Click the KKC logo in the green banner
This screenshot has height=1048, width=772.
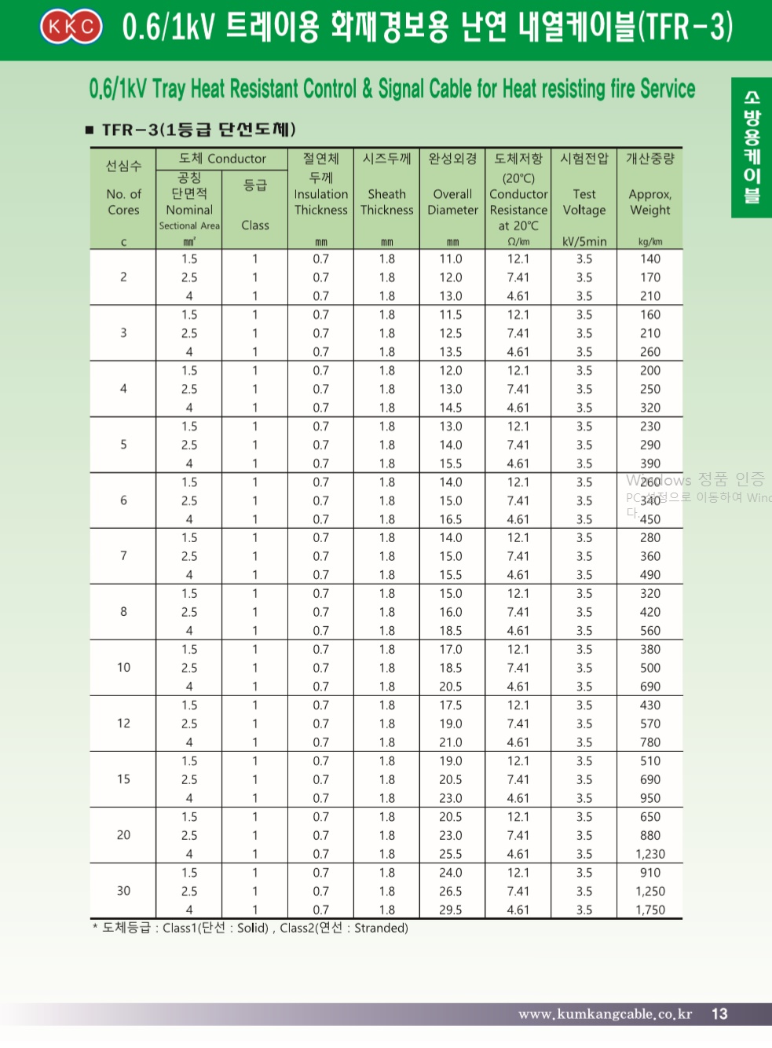coord(71,27)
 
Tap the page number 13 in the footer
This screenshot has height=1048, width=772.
coord(719,1013)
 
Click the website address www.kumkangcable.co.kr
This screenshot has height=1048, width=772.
coord(605,1014)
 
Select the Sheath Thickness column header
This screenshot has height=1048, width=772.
coord(387,201)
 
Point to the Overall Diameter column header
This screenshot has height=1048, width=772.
coord(452,201)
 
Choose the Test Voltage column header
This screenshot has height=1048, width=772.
coord(584,201)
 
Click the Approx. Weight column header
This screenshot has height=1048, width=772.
coord(650,201)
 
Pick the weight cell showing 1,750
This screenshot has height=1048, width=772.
coord(650,910)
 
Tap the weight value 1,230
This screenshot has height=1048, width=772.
coord(650,854)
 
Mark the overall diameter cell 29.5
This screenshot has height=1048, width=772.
coord(451,910)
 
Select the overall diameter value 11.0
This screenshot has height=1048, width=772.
coord(451,258)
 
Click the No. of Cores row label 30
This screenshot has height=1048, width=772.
coord(123,891)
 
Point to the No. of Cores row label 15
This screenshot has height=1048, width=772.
coord(123,779)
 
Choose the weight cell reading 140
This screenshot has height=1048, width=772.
coord(650,258)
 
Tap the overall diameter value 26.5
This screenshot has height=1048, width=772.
coord(451,891)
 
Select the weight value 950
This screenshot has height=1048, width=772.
coord(650,798)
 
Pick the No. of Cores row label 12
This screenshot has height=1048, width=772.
coord(123,724)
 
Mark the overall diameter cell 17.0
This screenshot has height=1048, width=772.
coord(451,650)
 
